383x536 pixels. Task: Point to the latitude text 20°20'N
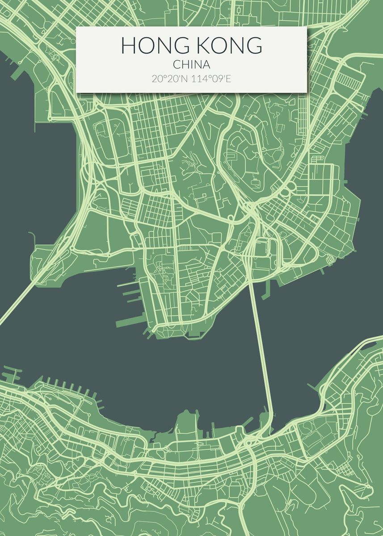pyautogui.click(x=170, y=79)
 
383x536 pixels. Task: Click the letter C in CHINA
pyautogui.click(x=176, y=65)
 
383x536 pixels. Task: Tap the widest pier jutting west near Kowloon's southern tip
pyautogui.click(x=130, y=322)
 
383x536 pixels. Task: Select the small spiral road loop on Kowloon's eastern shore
pyautogui.click(x=330, y=259)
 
